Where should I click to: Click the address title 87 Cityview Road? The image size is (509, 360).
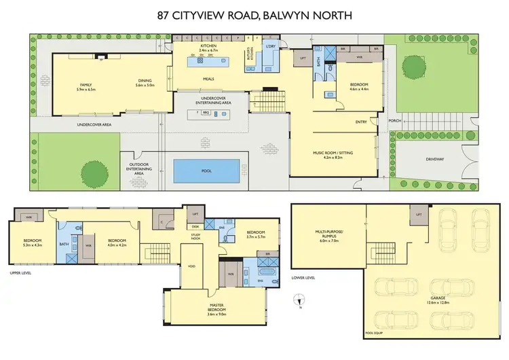pyautogui.click(x=254, y=13)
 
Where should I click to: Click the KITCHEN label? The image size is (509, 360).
pyautogui.click(x=208, y=46)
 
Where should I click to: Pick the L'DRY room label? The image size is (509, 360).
pyautogui.click(x=269, y=46)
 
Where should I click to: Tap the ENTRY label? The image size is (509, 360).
pyautogui.click(x=361, y=122)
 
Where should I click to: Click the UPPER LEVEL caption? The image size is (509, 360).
pyautogui.click(x=21, y=274)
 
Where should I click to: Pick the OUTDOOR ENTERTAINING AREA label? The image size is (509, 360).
pyautogui.click(x=139, y=168)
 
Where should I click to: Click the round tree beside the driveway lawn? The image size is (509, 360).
pyautogui.click(x=415, y=67)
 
